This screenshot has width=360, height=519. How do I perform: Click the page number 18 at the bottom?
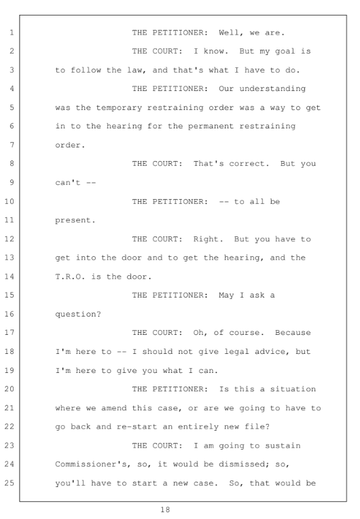(165, 509)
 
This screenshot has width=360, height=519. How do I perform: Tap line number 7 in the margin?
(12, 145)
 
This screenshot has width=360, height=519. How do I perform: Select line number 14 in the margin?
(10, 276)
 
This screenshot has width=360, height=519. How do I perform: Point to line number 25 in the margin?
(10, 483)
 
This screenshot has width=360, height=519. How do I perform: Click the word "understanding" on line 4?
(272, 89)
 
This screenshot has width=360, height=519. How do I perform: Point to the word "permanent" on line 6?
(211, 126)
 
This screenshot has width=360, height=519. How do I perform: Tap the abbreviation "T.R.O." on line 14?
(70, 276)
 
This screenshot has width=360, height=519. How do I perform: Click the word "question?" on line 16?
(78, 314)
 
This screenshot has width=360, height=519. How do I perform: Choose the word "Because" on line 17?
(293, 333)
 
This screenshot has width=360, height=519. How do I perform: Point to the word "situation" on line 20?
(293, 389)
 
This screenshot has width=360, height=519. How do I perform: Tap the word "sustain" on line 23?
(283, 446)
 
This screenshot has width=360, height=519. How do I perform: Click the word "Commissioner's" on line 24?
(91, 465)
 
